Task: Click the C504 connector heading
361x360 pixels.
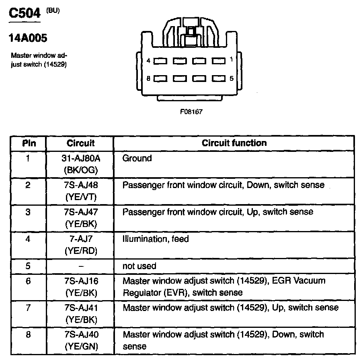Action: coord(25,14)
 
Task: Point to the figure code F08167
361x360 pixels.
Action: coord(191,112)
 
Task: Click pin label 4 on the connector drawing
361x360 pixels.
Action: coord(148,61)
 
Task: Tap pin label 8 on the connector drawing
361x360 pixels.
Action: coord(148,79)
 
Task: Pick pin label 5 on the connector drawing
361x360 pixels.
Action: coord(232,78)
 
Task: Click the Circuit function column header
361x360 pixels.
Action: coord(234,143)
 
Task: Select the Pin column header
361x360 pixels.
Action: coord(28,143)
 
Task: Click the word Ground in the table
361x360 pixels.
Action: coord(137,158)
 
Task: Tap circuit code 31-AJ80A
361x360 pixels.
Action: coord(80,158)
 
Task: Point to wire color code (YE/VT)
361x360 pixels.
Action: coord(80,197)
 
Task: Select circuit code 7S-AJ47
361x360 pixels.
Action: coord(80,212)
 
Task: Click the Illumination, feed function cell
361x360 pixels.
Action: coord(156,239)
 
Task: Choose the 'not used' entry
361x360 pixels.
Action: coord(139,266)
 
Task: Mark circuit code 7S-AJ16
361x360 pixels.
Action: coord(80,281)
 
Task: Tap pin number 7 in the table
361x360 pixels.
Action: coord(28,308)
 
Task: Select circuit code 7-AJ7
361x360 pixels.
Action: coord(80,239)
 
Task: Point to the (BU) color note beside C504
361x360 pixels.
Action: coord(53,10)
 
